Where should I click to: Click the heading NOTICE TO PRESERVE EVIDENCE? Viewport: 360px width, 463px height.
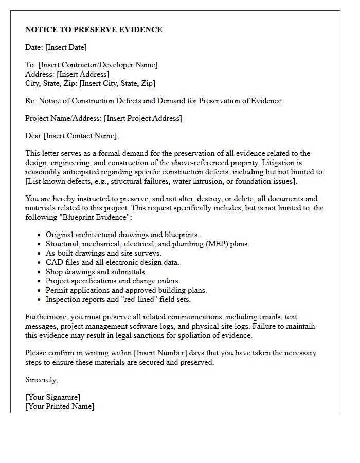[x=94, y=30]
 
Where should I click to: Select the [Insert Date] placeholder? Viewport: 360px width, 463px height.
[x=66, y=47]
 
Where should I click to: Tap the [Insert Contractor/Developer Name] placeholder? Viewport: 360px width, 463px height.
[x=98, y=65]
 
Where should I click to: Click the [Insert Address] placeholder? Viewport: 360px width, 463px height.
[x=83, y=74]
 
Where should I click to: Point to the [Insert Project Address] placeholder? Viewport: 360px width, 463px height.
[x=142, y=118]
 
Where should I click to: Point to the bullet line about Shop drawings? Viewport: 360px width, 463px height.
[x=96, y=272]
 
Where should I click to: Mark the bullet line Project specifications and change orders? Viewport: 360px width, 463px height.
[x=113, y=281]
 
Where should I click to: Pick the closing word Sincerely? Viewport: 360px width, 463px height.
[x=41, y=380]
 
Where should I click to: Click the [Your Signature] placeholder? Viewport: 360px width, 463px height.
[x=52, y=397]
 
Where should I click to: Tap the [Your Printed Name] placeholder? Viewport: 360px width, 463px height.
[x=60, y=406]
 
